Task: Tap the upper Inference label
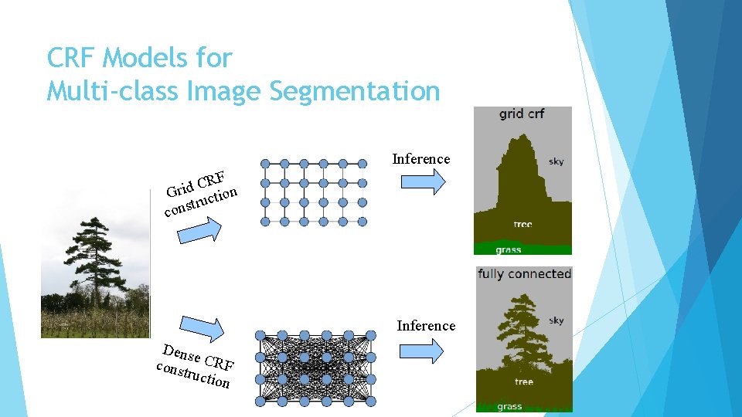tap(420, 159)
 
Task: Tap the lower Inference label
tap(426, 326)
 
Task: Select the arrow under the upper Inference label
tap(423, 182)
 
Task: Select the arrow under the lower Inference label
tap(423, 351)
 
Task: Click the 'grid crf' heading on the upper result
tap(522, 114)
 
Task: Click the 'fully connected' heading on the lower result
tap(524, 274)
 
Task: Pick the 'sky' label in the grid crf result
tap(556, 161)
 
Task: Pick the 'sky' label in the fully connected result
tap(556, 320)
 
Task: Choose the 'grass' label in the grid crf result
tap(508, 249)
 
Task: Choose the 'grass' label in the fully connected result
tap(509, 406)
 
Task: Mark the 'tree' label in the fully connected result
tap(523, 382)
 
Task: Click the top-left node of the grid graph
tap(265, 164)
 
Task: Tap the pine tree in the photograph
tap(94, 263)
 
